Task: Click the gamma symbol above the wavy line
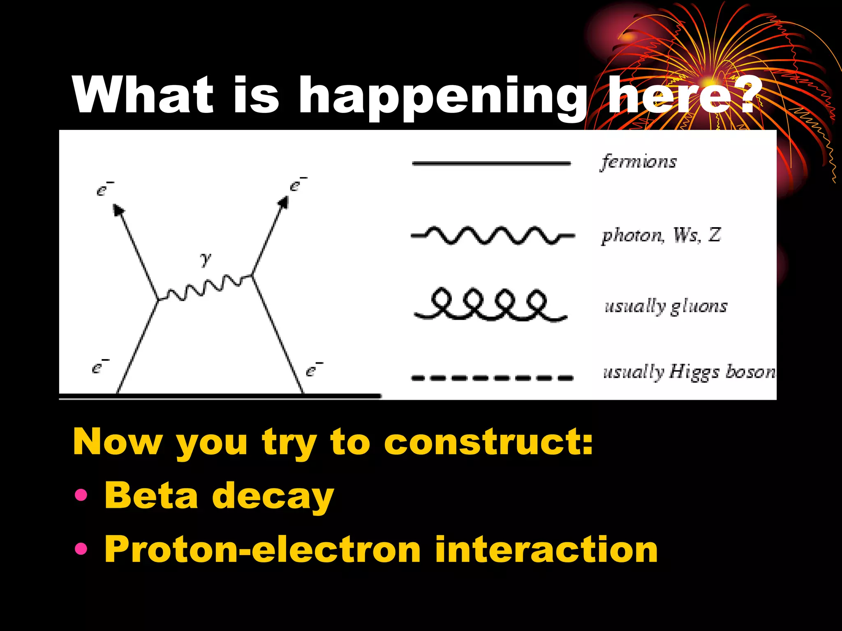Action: tap(206, 259)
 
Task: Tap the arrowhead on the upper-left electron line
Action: tap(118, 209)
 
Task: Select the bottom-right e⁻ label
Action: tap(314, 369)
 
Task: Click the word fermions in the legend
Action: tap(639, 161)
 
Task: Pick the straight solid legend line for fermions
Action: tap(491, 164)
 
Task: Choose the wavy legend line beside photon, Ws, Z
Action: tap(492, 236)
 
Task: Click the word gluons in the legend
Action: tap(699, 306)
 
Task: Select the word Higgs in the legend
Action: tap(694, 372)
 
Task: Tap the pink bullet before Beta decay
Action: tap(81, 495)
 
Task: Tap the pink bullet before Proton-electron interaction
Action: tap(81, 548)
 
